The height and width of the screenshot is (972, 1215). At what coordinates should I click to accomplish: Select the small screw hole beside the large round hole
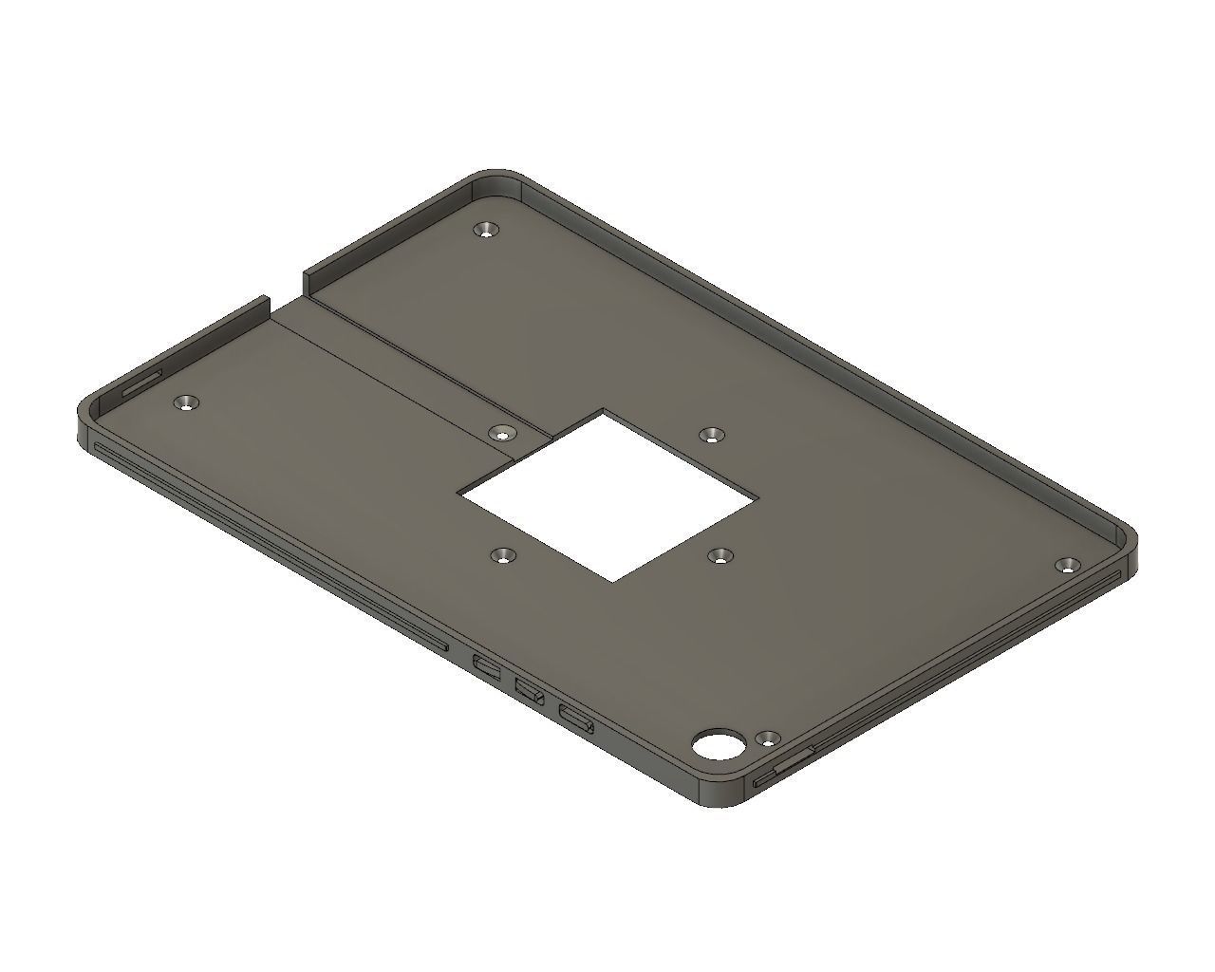767,738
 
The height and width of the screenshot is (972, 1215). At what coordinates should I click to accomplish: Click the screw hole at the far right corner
1068,565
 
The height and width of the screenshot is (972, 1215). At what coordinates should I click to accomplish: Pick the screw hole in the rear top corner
487,230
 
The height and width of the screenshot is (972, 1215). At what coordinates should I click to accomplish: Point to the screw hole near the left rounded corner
187,403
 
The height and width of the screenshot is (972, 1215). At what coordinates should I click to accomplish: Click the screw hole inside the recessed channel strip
501,433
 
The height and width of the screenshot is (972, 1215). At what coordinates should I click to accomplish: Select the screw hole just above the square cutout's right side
710,435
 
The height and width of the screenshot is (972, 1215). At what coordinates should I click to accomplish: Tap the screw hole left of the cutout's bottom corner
501,556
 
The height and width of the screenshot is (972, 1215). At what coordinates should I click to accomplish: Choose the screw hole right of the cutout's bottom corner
721,556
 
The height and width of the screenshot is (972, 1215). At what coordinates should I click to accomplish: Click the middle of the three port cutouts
530,689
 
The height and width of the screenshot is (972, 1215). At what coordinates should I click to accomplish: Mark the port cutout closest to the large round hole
577,720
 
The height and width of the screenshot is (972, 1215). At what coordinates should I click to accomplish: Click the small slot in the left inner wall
142,381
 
